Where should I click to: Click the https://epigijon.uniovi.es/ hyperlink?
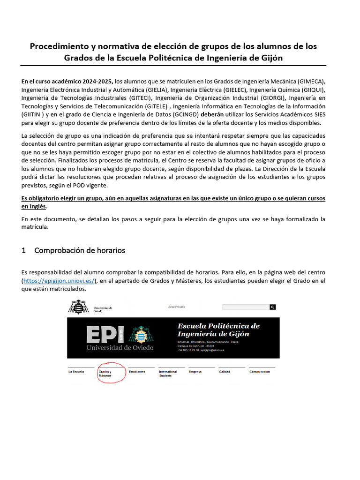(x=59, y=281)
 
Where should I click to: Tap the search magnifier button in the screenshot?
(x=272, y=307)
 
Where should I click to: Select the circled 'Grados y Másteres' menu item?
(x=105, y=374)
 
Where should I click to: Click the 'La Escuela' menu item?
(x=76, y=372)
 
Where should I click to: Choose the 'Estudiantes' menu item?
(x=137, y=372)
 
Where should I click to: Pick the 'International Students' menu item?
(x=168, y=374)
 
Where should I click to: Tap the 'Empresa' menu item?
(x=195, y=372)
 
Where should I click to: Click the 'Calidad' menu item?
(x=225, y=372)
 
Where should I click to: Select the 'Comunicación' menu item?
(x=260, y=372)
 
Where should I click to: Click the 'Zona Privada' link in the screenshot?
(x=176, y=307)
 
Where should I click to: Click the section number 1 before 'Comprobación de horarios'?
(x=23, y=250)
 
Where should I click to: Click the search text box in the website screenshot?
(x=245, y=307)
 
